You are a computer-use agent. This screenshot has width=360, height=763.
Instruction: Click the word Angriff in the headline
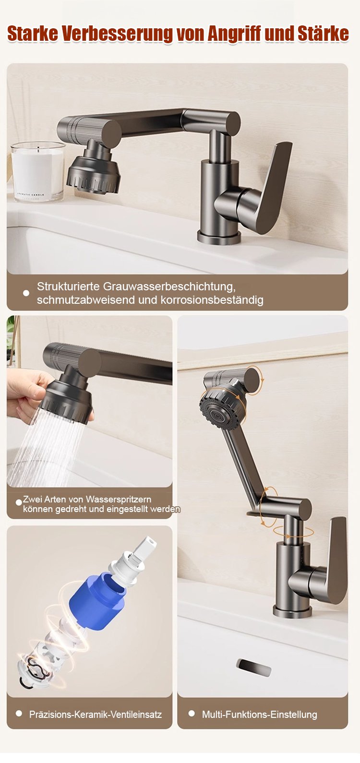point(234,34)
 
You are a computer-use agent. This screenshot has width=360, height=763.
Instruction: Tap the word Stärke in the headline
point(323,34)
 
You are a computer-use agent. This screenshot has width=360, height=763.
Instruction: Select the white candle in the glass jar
point(37,171)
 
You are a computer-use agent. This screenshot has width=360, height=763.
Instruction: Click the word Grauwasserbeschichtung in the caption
point(169,287)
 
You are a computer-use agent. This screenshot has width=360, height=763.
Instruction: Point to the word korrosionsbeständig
point(212,300)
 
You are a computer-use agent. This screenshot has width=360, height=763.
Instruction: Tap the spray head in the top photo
point(94,171)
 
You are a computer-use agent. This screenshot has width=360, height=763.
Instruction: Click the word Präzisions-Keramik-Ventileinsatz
point(96,714)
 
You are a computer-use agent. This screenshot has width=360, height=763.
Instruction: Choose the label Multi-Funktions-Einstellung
point(260,714)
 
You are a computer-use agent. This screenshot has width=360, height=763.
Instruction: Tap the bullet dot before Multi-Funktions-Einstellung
point(192,713)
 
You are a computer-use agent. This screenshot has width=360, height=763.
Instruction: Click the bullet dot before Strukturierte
point(26,293)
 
